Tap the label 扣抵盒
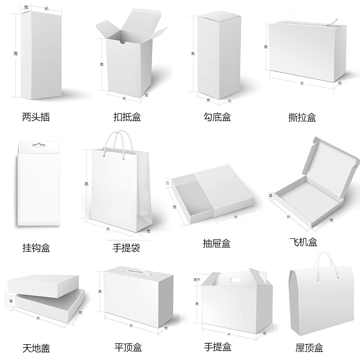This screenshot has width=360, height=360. click(127, 117)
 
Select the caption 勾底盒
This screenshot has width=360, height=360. click(217, 117)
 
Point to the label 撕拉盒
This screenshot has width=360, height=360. click(302, 118)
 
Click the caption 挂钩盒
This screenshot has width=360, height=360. click(36, 247)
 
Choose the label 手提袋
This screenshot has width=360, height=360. click(126, 247)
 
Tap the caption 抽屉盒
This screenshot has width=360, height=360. click(217, 244)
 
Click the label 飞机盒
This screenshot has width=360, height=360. click(302, 242)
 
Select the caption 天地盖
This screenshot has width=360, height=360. click(36, 348)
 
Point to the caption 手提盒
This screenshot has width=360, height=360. click(217, 347)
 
